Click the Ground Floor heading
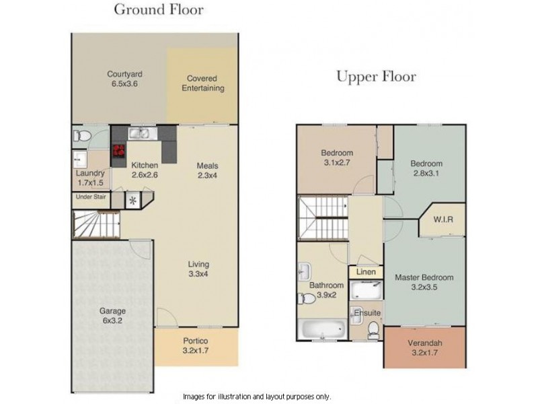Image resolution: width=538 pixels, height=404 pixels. pos(159,9)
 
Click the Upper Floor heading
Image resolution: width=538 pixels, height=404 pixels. pos(376,76)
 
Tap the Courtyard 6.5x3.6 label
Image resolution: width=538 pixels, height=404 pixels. pos(124,79)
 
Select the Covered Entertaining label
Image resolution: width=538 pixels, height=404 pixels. pos(206,83)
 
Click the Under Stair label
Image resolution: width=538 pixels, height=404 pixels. pos(90,197)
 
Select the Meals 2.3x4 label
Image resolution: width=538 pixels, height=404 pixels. pos(207,171)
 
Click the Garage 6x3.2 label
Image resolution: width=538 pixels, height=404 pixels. pos(112,316)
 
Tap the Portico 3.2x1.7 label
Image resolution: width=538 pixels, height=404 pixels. pos(196,345)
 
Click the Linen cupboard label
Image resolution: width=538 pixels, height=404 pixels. pos(365,272)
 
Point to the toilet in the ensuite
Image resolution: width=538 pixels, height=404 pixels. pos(373,329)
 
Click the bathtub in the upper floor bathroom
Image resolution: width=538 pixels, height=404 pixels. pos(322,330)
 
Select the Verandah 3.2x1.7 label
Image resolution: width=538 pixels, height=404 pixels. pos(424,346)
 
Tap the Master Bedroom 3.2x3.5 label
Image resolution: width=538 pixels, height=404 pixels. pos(424,281)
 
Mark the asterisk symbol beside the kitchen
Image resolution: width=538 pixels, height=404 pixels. pos(132,200)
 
